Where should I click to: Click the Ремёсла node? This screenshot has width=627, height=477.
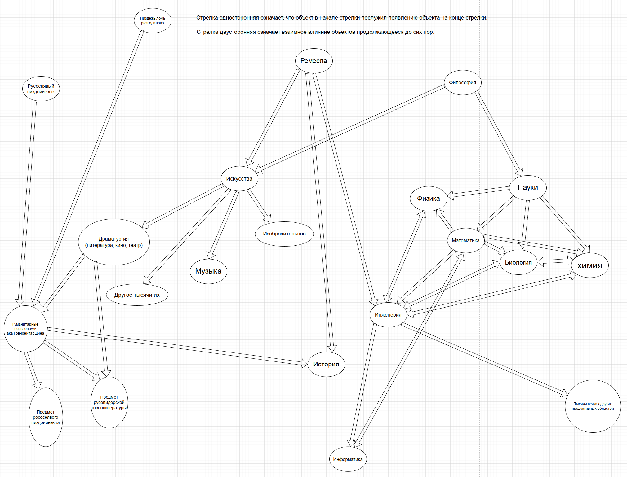(313, 61)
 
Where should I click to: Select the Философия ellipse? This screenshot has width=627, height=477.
(462, 82)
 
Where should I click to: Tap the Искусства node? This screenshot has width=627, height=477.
(239, 178)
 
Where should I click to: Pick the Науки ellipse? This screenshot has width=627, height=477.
(527, 187)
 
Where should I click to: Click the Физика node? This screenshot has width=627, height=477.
(428, 199)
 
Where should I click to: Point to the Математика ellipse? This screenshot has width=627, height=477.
(465, 240)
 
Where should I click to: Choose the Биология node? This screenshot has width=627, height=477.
(518, 262)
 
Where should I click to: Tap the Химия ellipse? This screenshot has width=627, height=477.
(589, 265)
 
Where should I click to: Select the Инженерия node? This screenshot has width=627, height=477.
(388, 315)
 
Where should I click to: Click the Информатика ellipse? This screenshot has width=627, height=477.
(348, 459)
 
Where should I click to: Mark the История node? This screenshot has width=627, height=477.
(326, 364)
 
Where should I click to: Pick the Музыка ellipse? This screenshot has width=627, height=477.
(208, 271)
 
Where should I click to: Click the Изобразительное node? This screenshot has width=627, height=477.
(284, 234)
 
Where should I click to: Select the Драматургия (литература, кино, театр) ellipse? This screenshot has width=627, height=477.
(114, 242)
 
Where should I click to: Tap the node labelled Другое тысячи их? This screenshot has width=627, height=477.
(137, 295)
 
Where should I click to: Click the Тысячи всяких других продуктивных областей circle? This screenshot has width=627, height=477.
(593, 406)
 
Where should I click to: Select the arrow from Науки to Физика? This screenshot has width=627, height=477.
(479, 192)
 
